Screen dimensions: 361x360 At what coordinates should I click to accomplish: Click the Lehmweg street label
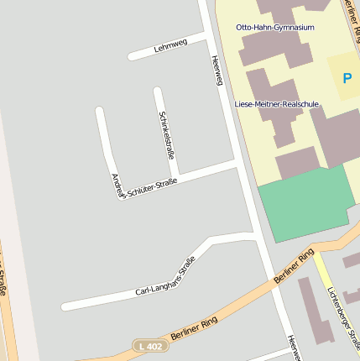coord(171,47)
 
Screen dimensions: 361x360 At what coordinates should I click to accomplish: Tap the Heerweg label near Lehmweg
coord(217,71)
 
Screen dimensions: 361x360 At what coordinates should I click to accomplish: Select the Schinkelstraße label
coord(166,134)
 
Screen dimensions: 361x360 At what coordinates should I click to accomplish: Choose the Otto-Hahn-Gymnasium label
coord(275,28)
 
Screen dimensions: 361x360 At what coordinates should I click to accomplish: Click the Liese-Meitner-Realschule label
coord(277,103)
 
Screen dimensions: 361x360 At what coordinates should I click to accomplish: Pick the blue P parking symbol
coord(347,78)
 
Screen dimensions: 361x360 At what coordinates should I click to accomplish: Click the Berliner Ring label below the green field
coord(295,265)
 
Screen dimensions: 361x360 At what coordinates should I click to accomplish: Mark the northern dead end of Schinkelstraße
coord(157,90)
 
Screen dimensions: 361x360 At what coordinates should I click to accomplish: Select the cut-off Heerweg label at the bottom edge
coord(293,348)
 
